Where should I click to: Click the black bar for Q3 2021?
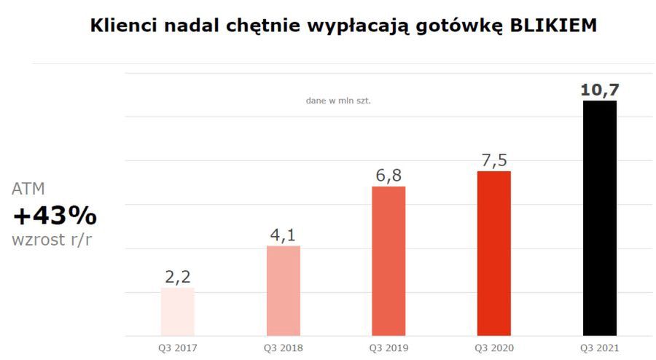coord(599,218)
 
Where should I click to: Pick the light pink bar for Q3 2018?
coord(283,291)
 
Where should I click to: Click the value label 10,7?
coord(599,90)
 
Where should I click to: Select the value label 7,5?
coord(493,160)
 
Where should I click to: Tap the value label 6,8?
coord(388,176)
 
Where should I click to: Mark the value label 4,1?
coord(283,235)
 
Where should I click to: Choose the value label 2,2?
coord(177,277)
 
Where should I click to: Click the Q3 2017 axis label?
coord(178,348)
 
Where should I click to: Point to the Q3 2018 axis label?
coord(283,348)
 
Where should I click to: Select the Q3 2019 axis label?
coord(388,348)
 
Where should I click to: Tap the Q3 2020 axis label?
coord(493,348)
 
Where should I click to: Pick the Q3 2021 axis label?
coord(599,348)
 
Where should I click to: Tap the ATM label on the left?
coord(28,189)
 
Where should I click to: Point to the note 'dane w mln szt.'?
coord(338,101)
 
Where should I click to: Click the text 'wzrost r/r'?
coord(52,240)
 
